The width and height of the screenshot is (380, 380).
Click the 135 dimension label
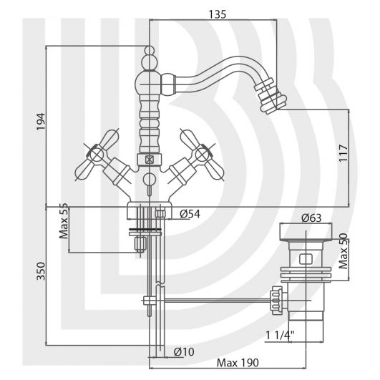(x=218, y=14)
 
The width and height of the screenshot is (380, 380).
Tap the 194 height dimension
(x=41, y=122)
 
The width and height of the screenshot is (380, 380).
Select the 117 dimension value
(x=344, y=153)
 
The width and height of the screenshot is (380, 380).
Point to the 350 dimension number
(x=41, y=271)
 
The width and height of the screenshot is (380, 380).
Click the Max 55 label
(x=64, y=221)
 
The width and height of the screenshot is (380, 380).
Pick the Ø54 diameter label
(x=190, y=214)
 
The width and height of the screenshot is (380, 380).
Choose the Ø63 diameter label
(x=311, y=218)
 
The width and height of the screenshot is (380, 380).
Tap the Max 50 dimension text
(x=344, y=251)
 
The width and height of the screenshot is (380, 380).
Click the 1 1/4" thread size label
(x=280, y=336)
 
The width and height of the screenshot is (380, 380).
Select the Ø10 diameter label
(x=184, y=351)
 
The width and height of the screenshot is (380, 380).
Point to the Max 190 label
(x=238, y=363)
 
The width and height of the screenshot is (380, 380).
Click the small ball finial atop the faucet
(x=150, y=50)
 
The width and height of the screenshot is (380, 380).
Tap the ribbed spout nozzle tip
(x=271, y=96)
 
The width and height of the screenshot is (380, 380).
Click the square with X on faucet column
(x=150, y=160)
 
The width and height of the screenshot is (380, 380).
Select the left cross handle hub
(x=97, y=155)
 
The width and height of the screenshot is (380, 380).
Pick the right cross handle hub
(x=202, y=155)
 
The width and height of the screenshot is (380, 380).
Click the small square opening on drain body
(x=306, y=258)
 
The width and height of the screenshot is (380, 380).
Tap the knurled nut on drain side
(x=277, y=301)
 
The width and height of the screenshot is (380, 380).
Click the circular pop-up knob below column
(x=149, y=180)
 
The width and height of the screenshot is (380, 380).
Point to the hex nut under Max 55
(x=140, y=244)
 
